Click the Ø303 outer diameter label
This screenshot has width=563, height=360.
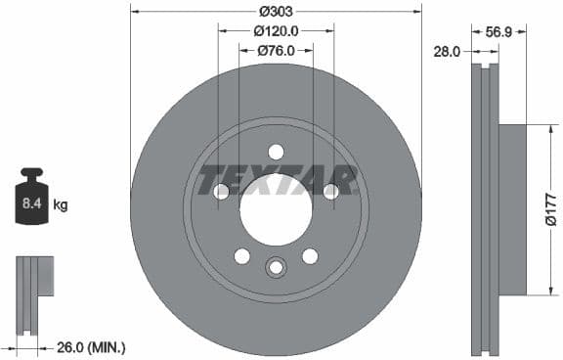276,12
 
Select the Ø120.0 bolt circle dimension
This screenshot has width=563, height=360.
276,31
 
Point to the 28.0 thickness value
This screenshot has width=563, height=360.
448,51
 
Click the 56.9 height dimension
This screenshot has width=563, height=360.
501,31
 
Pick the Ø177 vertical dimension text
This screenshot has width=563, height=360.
551,208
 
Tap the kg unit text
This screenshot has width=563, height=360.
61,205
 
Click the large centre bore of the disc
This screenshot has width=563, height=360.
276,209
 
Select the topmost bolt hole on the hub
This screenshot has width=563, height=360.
276,152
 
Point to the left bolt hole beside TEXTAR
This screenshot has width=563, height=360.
221,192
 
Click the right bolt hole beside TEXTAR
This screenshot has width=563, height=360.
330,192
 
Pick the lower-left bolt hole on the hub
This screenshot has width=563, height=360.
241,255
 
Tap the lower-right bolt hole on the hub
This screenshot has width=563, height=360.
310,255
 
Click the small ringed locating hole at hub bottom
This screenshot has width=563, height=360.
276,266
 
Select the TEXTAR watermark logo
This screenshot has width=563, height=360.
278,180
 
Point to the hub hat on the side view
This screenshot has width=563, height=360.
512,208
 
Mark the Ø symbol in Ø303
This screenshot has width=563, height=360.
263,12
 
